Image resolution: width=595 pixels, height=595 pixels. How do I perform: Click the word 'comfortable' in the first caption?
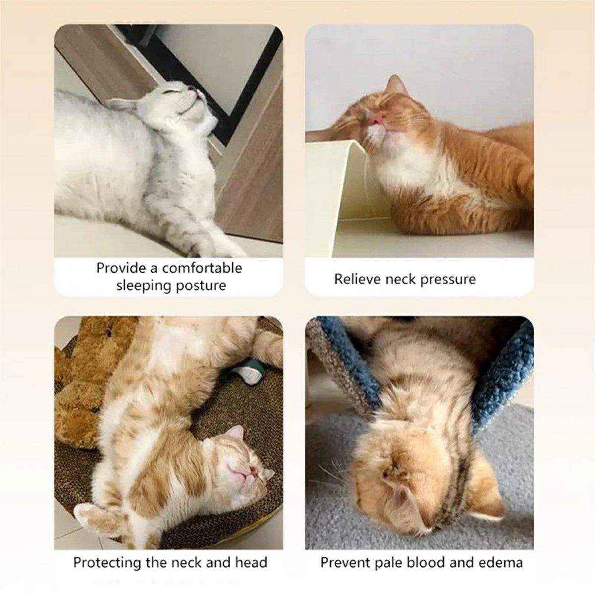(202, 268)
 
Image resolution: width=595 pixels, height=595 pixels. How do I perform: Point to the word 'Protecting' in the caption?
(107, 563)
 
